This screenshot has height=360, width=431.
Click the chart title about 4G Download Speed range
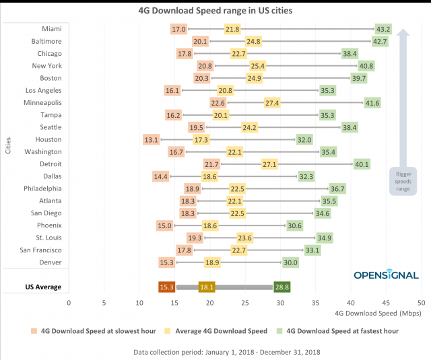point(215,11)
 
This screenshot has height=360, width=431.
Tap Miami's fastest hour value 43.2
point(383,29)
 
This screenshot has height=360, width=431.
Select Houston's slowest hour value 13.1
point(151,139)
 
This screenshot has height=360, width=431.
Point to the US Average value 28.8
point(281,287)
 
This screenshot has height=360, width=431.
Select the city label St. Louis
point(48,238)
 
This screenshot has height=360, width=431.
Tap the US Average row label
point(43,287)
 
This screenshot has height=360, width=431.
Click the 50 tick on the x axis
point(421,303)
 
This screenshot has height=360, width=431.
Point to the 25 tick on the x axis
point(245,303)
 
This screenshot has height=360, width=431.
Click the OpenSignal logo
point(386,275)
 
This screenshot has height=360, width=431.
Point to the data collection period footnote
point(215,351)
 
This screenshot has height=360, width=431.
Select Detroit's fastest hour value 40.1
point(362,164)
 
